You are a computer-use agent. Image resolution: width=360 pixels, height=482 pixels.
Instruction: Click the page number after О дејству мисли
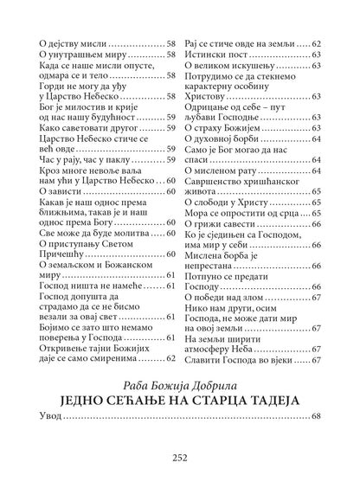pos(171,42)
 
